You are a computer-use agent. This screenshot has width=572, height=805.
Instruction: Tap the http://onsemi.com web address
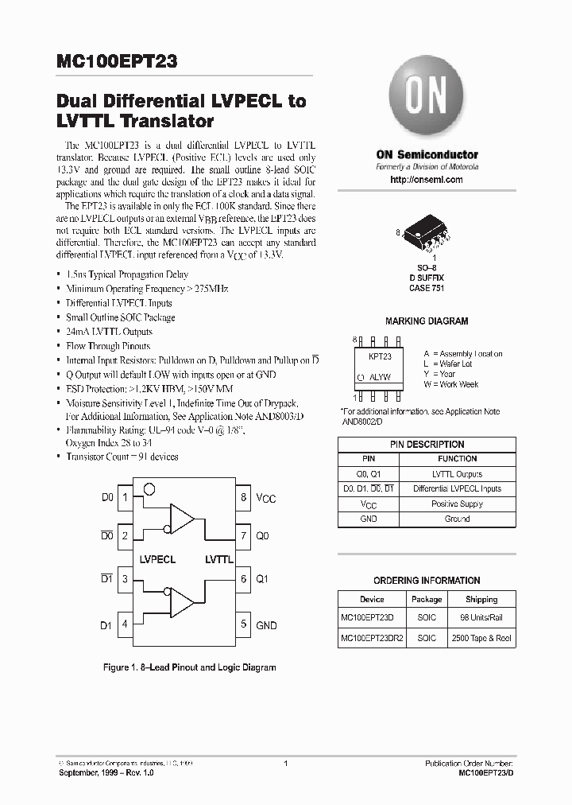[427, 180]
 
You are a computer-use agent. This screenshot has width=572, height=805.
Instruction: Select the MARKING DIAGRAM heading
[427, 321]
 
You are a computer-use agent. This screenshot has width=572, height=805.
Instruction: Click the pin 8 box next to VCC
[244, 497]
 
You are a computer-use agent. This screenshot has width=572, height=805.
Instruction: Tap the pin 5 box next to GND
[244, 624]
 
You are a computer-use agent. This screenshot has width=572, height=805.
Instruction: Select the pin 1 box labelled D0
[125, 497]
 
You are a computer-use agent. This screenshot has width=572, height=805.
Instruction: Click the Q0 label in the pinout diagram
[263, 536]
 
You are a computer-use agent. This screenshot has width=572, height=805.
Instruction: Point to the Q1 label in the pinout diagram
[263, 580]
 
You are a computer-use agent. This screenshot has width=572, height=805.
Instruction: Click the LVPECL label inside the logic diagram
[157, 559]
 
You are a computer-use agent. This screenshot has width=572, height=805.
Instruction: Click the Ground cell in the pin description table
[457, 519]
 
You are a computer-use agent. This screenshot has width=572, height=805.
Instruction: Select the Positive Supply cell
[457, 504]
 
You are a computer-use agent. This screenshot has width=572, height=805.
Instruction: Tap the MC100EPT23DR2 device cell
[372, 638]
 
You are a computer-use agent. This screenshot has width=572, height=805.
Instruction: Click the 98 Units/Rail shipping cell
[481, 618]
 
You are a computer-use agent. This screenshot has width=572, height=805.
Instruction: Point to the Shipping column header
[481, 599]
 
